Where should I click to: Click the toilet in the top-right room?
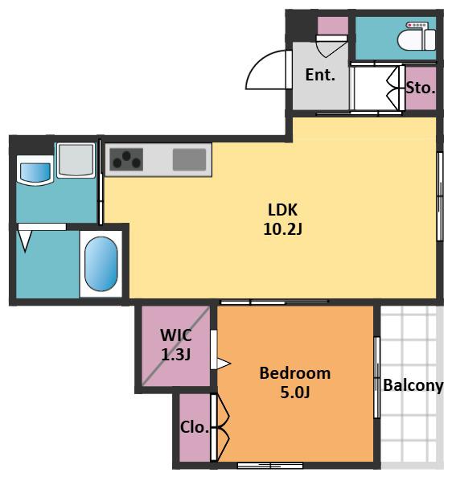(417, 36)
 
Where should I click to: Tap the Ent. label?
(320, 75)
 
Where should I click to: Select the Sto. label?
(421, 88)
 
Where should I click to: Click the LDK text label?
(282, 210)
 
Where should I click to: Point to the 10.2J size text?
(283, 229)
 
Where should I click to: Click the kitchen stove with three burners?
(126, 159)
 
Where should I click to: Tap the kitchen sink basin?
(189, 159)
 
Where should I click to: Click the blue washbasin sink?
(35, 172)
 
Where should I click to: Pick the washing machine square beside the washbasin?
(76, 160)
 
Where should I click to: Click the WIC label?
(176, 335)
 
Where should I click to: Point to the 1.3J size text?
(176, 355)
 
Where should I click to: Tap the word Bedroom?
(295, 373)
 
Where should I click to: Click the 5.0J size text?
(295, 393)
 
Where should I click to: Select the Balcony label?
(413, 385)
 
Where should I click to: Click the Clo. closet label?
(195, 427)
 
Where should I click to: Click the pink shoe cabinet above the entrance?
(332, 26)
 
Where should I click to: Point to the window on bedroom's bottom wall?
(270, 466)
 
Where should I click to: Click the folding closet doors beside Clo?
(220, 427)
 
